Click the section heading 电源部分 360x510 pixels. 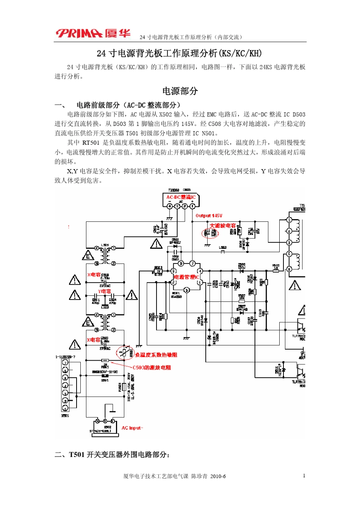coord(180,91)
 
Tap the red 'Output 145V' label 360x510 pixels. coord(209,216)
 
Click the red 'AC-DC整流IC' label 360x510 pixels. coord(181,197)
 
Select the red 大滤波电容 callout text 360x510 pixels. coord(223,226)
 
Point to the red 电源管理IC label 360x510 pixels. coord(186,277)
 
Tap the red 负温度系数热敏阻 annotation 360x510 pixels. coord(156,355)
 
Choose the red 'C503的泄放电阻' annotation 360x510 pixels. coord(152,367)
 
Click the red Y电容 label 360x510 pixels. coord(104,291)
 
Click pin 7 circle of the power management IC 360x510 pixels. coord(192,264)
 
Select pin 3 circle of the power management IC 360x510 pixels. coord(186,290)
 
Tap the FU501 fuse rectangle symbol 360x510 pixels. coord(124,387)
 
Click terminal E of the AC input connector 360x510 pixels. coord(105,421)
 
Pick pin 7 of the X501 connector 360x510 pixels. coord(65,363)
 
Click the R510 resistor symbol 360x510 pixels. coord(276,271)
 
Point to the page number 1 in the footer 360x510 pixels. coord(304,476)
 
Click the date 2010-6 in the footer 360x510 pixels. coord(218,476)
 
